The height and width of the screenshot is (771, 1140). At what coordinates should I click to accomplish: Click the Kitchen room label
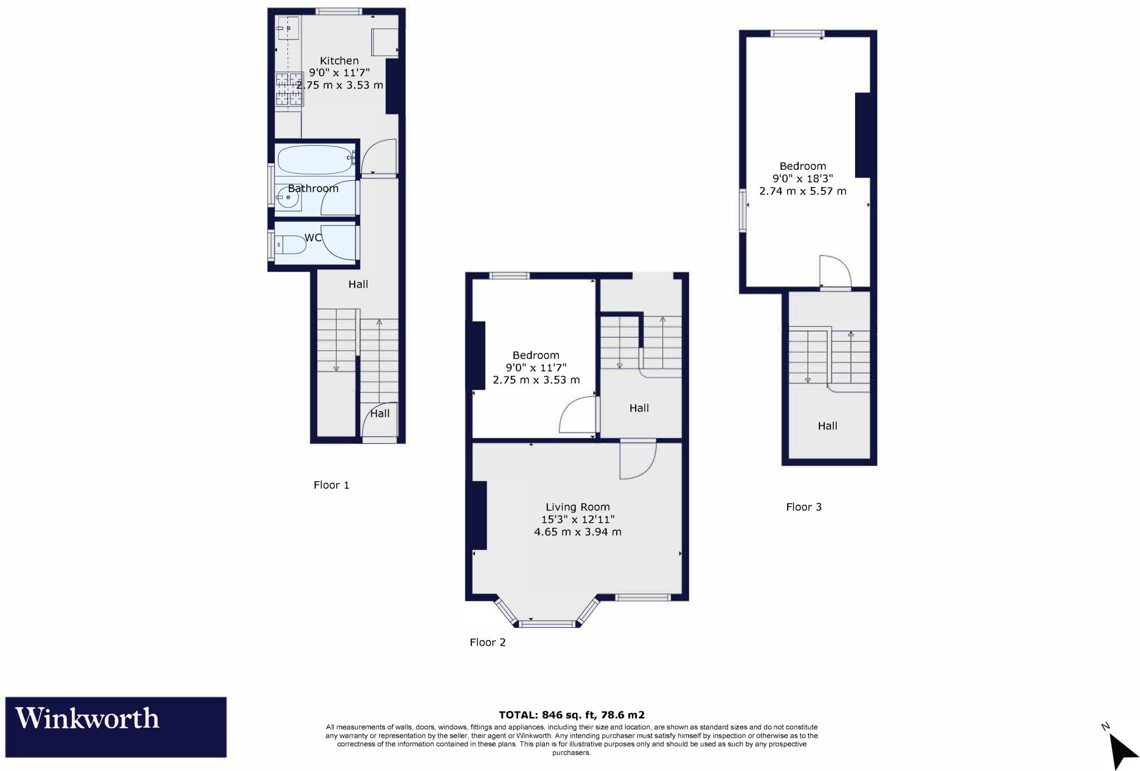(x=339, y=61)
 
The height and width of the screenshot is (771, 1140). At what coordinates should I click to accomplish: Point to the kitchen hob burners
(x=289, y=89)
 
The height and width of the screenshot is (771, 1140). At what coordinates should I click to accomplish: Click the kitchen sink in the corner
(x=288, y=28)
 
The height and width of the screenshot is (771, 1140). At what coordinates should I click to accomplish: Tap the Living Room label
(x=577, y=507)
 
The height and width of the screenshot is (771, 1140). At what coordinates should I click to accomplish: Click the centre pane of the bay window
(x=547, y=623)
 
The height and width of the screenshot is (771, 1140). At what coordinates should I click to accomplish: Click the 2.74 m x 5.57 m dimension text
(x=802, y=191)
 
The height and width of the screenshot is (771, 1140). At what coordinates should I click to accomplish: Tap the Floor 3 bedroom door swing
(x=834, y=271)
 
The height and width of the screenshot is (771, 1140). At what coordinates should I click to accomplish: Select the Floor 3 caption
(x=803, y=507)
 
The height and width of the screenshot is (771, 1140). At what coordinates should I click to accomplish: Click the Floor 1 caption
(x=331, y=485)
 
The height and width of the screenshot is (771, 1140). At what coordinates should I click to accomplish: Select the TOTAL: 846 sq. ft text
(x=571, y=715)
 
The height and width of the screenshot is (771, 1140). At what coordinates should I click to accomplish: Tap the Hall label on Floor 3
(x=827, y=426)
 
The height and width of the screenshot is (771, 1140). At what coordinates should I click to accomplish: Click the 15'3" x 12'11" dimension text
(x=577, y=519)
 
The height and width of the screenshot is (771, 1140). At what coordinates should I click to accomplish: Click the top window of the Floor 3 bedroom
(x=797, y=34)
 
